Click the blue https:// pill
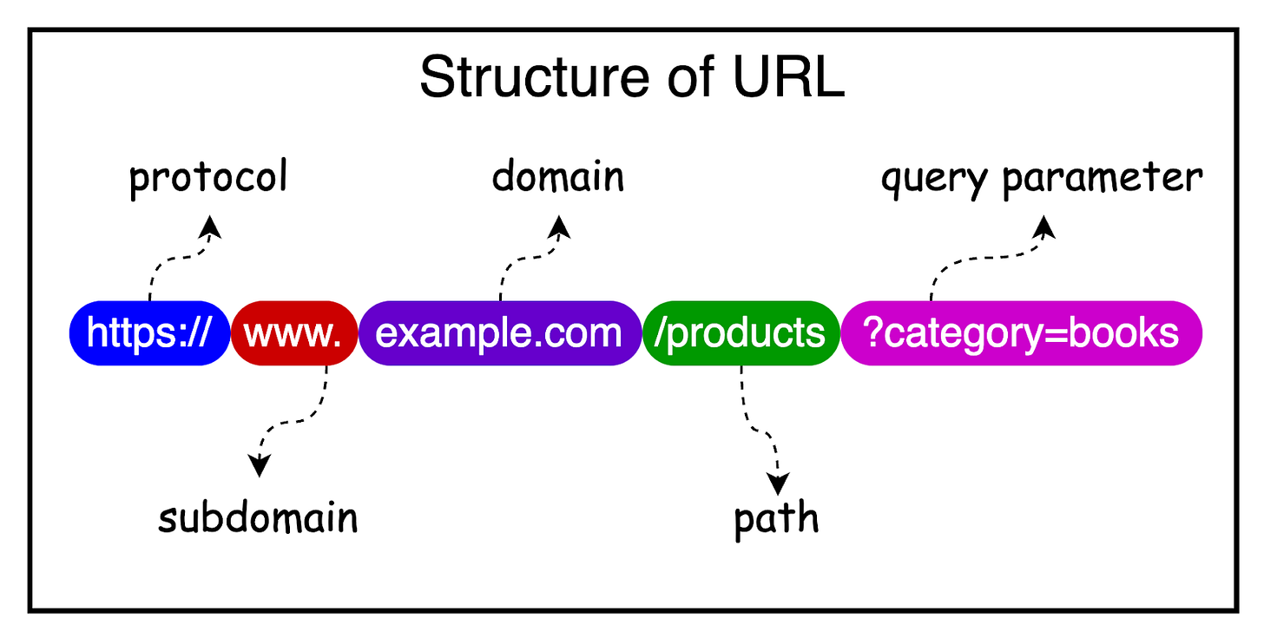[x=149, y=333]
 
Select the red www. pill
[x=294, y=333]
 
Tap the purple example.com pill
[x=499, y=333]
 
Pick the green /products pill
[x=741, y=333]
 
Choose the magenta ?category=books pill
[x=1021, y=333]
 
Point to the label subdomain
[x=258, y=518]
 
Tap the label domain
[x=557, y=177]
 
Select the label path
[x=776, y=519]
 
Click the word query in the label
[x=935, y=180]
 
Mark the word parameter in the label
[x=1103, y=179]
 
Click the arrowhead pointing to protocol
[x=210, y=227]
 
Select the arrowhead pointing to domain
[x=560, y=227]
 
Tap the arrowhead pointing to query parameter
[x=1044, y=227]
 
